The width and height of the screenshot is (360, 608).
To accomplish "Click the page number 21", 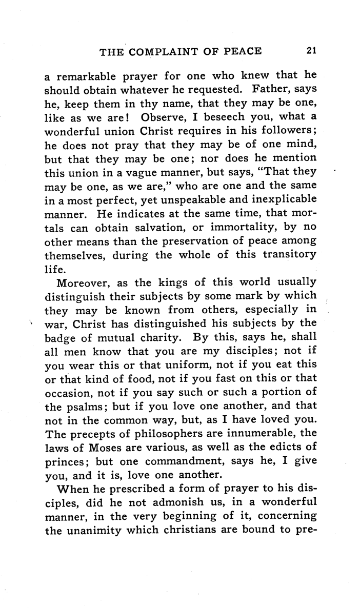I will pos(310,51).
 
